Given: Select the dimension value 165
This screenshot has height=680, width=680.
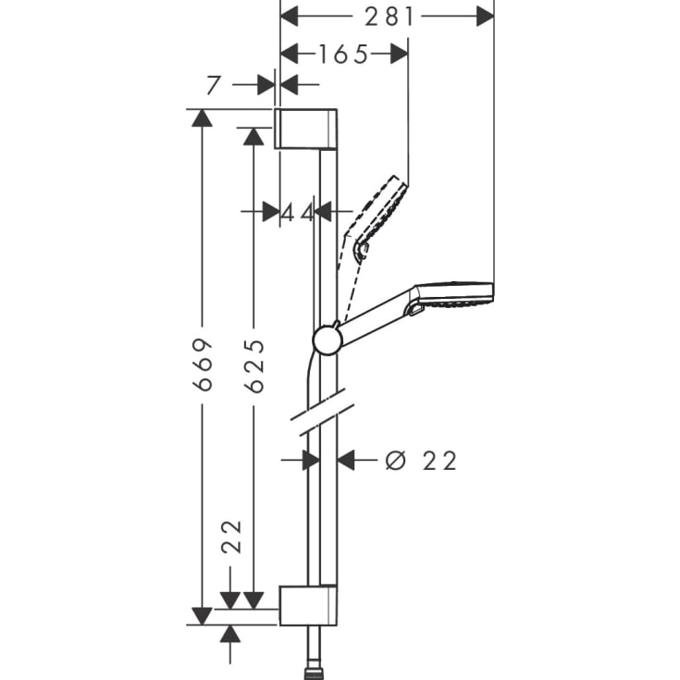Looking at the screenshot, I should [x=343, y=54].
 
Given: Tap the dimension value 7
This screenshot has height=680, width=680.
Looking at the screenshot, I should [x=214, y=85].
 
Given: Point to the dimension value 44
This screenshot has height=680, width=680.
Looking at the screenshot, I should [x=297, y=212].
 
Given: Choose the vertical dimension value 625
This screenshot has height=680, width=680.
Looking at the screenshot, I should [x=254, y=365].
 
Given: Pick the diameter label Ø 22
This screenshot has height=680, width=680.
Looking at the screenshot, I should [x=421, y=460].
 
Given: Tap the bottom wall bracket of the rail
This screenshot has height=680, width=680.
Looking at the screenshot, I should [x=308, y=605].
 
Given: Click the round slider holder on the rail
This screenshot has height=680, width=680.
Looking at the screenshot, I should [x=328, y=340].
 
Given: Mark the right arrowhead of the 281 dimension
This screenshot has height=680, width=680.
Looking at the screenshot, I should [x=486, y=16].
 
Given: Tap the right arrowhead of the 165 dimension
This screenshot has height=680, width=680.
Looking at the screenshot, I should [x=399, y=54].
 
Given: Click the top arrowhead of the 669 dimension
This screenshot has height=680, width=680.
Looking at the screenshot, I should [x=202, y=118].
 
